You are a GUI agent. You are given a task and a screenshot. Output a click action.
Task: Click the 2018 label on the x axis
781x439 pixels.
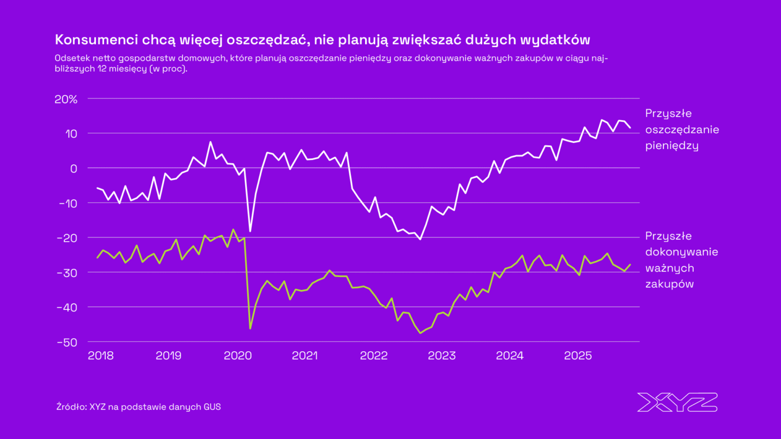pyautogui.click(x=100, y=356)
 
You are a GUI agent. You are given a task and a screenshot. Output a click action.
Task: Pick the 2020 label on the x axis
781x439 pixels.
pyautogui.click(x=237, y=356)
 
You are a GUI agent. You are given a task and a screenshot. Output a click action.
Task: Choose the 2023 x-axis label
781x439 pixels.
pyautogui.click(x=441, y=356)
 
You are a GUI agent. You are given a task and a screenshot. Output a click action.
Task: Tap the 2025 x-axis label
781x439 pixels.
pyautogui.click(x=578, y=356)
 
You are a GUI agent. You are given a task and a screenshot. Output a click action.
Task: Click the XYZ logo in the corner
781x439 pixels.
pyautogui.click(x=677, y=403)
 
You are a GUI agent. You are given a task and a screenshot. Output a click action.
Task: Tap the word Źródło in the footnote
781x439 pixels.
pyautogui.click(x=69, y=407)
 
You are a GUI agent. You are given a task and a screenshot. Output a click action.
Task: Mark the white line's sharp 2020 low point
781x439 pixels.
pyautogui.click(x=250, y=231)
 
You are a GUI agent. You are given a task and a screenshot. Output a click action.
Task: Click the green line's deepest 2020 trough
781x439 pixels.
pyautogui.click(x=250, y=328)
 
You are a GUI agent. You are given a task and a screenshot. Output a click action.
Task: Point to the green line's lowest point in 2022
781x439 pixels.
pyautogui.click(x=420, y=333)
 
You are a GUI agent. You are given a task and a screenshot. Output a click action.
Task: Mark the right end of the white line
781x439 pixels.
pyautogui.click(x=630, y=127)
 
